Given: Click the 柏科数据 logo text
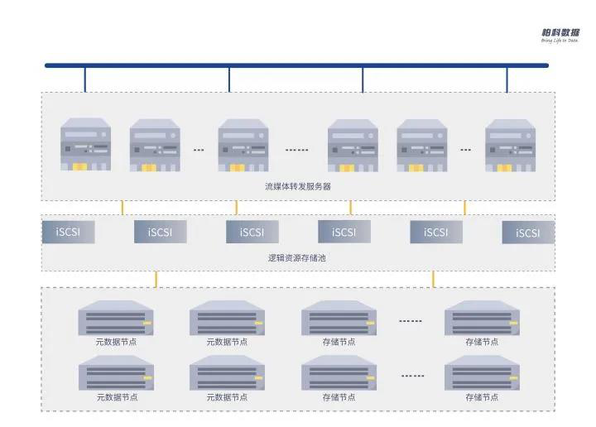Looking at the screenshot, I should click(560, 32).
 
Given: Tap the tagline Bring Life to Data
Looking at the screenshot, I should click(560, 41).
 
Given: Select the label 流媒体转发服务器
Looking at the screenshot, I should click(298, 186).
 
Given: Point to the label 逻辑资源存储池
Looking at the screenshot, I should click(298, 258).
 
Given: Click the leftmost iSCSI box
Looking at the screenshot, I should click(68, 232).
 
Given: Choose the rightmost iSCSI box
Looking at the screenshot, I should click(527, 233).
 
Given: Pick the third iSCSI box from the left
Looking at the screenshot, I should click(252, 232).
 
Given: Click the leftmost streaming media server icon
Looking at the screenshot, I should click(85, 145).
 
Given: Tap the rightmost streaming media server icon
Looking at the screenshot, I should click(510, 145).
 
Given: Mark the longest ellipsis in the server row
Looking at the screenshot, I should click(296, 151).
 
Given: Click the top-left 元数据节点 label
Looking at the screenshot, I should click(116, 341).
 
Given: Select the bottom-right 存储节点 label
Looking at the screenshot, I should click(482, 397).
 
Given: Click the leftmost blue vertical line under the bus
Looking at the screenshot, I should click(85, 79).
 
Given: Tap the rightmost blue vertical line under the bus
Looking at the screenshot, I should click(507, 79).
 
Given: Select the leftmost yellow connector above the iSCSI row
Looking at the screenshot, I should click(123, 207).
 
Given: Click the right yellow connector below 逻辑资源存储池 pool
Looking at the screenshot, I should click(433, 279).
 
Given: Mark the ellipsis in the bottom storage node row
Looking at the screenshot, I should click(412, 376).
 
